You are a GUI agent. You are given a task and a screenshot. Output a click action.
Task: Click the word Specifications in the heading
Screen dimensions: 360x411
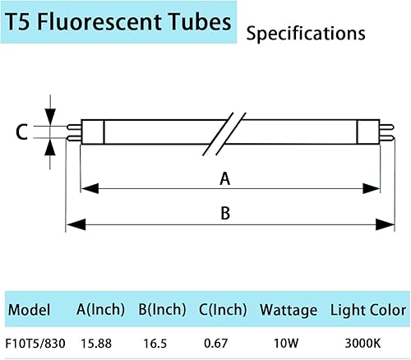point(306,34)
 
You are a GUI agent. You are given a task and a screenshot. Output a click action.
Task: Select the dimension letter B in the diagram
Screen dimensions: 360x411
point(223,213)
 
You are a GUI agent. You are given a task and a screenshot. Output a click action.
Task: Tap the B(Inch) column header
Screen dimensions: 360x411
point(162,311)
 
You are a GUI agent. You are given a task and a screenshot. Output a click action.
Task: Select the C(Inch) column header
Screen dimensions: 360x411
point(223,311)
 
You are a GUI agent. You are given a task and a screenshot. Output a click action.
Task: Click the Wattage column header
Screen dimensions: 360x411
point(288,311)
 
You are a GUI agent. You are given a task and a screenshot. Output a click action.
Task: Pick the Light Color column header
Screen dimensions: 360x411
point(367,311)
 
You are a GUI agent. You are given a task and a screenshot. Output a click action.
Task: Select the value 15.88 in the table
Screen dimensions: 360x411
point(97,339)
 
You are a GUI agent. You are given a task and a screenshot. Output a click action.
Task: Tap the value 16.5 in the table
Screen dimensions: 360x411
point(158,339)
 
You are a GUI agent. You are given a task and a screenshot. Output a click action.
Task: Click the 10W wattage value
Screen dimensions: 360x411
point(287,339)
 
